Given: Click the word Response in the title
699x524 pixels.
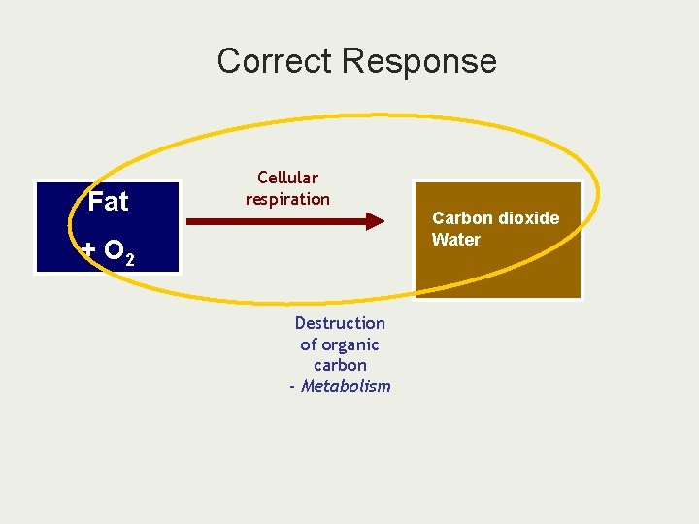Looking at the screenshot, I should pos(419,61).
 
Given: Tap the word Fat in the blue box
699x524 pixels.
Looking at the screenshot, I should pos(108,202).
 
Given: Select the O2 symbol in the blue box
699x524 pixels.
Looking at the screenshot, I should pos(117,252).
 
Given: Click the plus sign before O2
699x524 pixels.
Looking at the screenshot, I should pos(88,250).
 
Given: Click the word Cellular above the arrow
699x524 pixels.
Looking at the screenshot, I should pos(287,178).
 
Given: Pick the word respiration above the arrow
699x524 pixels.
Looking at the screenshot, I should pos(287,199).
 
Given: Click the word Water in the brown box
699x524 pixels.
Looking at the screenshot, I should pos(456,240).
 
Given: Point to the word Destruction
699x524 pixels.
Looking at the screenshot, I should pos(340,323).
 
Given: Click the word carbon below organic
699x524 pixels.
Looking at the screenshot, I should pos(340,365).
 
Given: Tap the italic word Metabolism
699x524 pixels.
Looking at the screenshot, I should pos(346,386).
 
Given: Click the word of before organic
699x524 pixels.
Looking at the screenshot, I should pos(309,344).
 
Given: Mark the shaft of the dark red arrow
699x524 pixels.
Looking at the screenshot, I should pos(272,222).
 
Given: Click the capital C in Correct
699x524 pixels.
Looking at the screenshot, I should pos(228,61).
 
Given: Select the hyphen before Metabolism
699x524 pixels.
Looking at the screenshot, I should pos(291,386).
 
